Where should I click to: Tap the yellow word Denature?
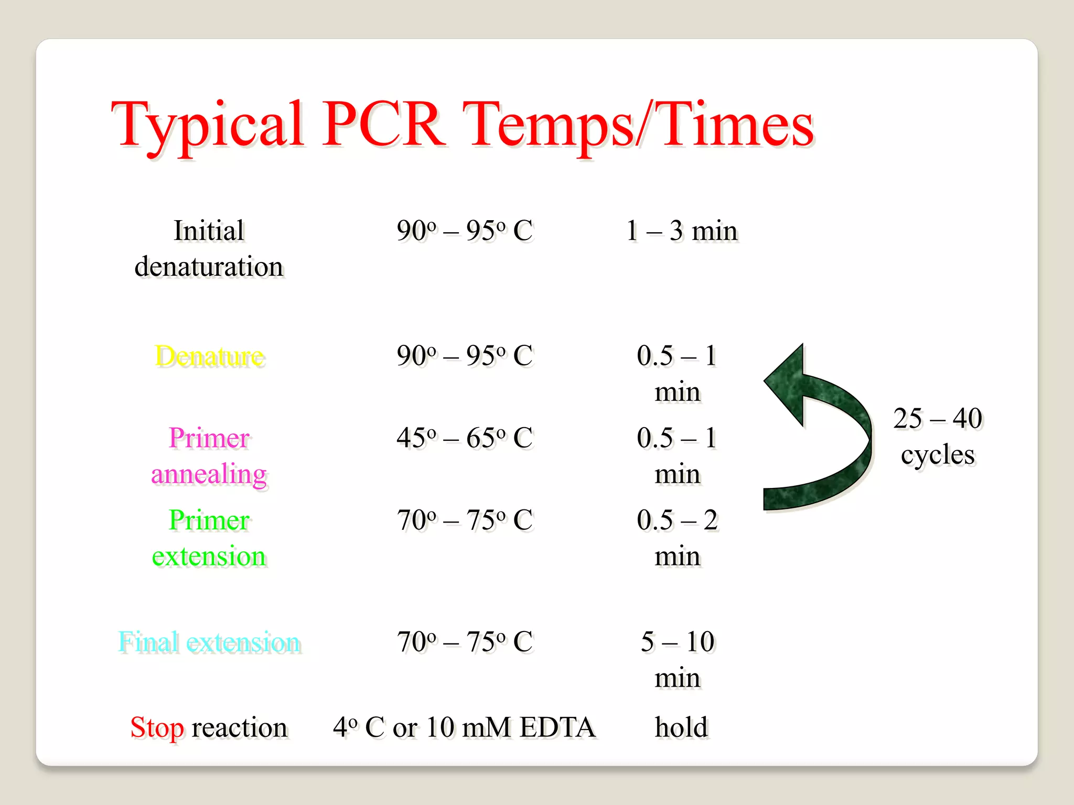click(210, 356)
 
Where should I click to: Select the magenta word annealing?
click(209, 474)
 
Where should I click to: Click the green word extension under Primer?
click(209, 556)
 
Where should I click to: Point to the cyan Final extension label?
click(209, 642)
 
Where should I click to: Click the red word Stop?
click(157, 727)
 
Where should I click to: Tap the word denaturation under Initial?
click(209, 267)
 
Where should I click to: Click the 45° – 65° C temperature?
click(465, 438)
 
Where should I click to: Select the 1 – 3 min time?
click(682, 231)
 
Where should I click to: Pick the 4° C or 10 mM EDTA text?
click(464, 727)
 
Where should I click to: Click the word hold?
click(681, 727)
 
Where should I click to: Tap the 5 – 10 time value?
click(678, 642)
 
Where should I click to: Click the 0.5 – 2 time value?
click(677, 520)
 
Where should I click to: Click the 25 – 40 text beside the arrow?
click(938, 418)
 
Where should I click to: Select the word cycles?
click(938, 455)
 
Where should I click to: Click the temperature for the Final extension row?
click(465, 642)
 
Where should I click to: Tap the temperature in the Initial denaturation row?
click(465, 231)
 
